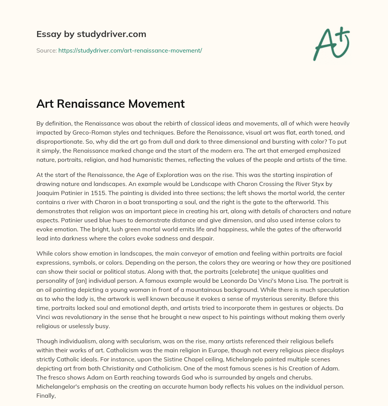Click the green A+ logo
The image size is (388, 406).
[x=331, y=44]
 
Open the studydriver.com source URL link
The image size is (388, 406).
[x=130, y=50]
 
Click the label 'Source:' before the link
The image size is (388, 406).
[x=46, y=50]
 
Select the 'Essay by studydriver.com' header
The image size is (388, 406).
[x=91, y=34]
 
